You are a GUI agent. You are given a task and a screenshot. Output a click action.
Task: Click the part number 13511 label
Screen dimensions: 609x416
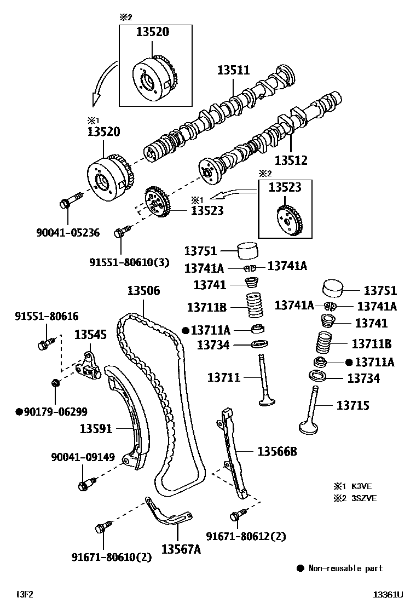pos(233,70)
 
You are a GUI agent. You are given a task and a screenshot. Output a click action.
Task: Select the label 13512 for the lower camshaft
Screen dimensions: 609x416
pos(291,160)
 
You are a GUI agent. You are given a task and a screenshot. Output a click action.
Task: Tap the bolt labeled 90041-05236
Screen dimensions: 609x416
pos(66,204)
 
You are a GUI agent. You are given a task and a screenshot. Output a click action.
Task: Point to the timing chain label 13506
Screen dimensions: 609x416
pos(144,291)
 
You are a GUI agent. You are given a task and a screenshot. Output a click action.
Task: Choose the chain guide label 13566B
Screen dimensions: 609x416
pos(277,451)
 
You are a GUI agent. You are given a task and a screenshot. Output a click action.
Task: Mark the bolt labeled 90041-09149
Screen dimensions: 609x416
pos(84,485)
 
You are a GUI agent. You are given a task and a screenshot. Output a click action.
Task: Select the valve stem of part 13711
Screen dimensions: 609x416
pos(263,378)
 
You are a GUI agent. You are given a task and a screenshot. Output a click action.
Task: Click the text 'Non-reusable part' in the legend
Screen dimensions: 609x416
pos(345,568)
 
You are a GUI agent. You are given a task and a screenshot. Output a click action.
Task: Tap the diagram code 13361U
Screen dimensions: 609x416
pos(388,594)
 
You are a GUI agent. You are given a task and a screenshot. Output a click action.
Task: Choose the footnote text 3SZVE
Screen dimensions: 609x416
pos(364,498)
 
